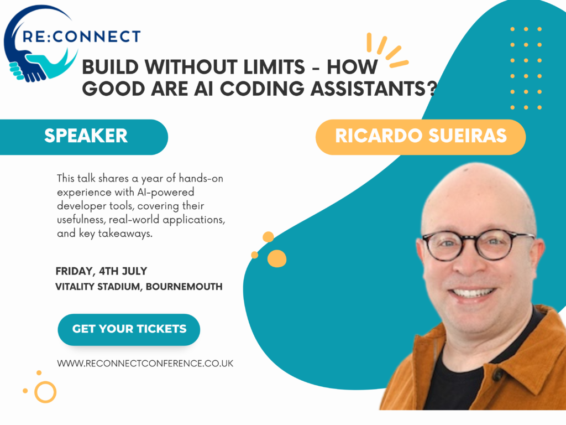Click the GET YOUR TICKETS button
(x=129, y=329)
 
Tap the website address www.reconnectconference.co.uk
(x=145, y=363)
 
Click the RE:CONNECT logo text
(x=81, y=37)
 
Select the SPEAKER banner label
(x=86, y=136)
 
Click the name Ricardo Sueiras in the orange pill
(x=421, y=136)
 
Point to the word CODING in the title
(x=262, y=89)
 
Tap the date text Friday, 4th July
(x=102, y=271)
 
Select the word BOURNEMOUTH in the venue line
(x=184, y=287)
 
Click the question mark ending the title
(x=432, y=89)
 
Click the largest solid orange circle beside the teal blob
(x=277, y=258)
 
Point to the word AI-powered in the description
(x=166, y=192)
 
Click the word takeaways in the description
(x=125, y=234)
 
